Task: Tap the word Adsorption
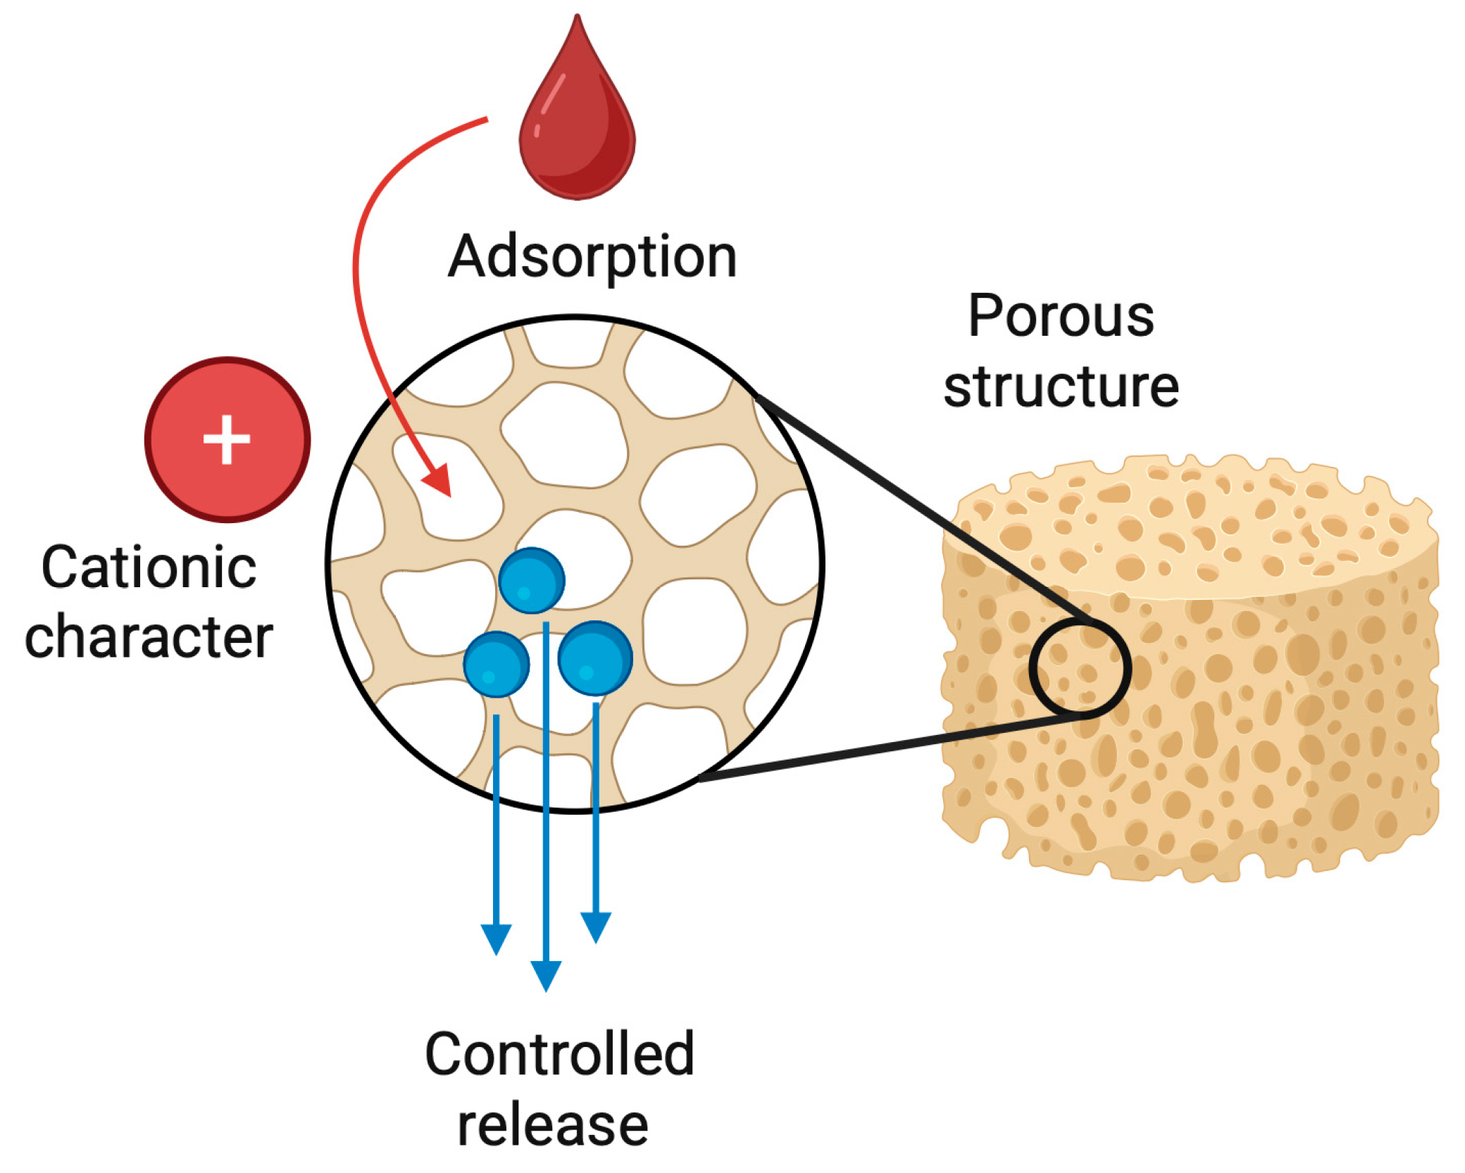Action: pos(592,258)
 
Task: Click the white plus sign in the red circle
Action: pos(227,440)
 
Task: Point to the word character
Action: pos(149,636)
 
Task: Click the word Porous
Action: pos(1061,316)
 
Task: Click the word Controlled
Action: pos(560,1054)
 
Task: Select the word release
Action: pos(553,1125)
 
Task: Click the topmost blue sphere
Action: pos(532,580)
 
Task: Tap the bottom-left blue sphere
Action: pos(496,664)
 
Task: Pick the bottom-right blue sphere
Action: pos(595,658)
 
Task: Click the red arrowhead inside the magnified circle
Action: pos(438,482)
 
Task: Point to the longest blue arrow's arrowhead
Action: pos(546,975)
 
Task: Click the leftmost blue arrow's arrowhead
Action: pos(496,939)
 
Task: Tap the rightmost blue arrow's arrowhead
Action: pos(596,927)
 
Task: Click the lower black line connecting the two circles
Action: pos(887,746)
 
